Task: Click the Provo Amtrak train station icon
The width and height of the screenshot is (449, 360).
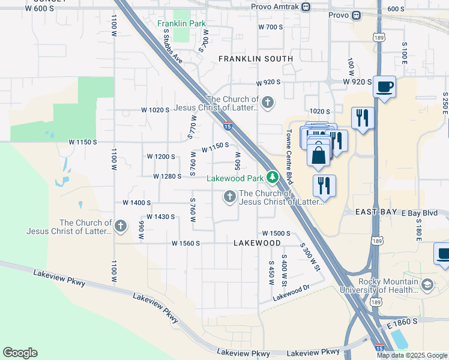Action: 306,7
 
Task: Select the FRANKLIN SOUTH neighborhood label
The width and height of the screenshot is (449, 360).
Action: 256,59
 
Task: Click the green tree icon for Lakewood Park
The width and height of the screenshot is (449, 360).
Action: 273,177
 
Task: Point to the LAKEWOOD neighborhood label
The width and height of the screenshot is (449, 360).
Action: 257,243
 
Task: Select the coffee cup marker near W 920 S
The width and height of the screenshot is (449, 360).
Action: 384,86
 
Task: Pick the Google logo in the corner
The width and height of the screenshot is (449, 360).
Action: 20,353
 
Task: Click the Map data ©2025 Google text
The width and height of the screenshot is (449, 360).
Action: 412,355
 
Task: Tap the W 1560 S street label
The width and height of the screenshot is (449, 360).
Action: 185,244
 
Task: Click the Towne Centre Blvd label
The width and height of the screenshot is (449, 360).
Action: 289,157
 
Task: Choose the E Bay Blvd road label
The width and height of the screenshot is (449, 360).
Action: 420,213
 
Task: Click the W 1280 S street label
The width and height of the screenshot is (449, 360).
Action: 167,176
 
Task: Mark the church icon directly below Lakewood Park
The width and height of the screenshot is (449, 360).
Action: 229,197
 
